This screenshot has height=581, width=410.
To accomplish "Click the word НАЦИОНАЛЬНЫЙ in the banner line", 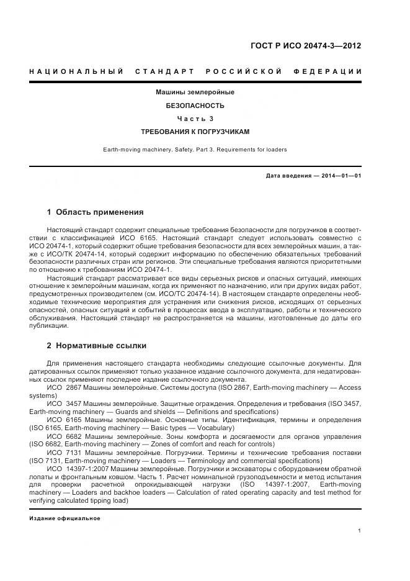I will (x=76, y=72).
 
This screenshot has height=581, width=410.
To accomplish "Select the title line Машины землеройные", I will (x=195, y=92).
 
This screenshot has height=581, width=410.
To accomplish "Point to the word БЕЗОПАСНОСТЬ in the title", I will (x=195, y=106).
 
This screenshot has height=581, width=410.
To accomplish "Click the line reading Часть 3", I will (x=195, y=119).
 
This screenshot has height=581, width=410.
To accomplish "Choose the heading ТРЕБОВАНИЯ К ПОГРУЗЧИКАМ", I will (x=195, y=132).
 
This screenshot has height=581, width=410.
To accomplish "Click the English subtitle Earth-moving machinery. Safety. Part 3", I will (x=195, y=149).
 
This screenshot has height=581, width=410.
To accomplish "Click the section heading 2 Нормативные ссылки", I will (x=97, y=345).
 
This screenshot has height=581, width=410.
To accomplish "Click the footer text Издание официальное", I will (x=65, y=518).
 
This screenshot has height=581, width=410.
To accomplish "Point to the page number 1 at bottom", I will (x=360, y=531).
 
